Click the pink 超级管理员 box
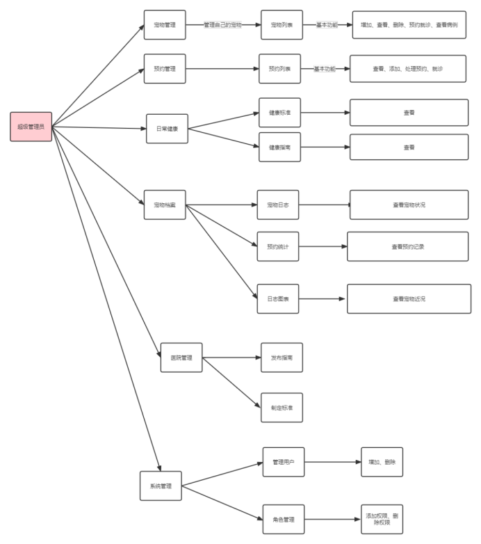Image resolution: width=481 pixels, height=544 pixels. coord(31,127)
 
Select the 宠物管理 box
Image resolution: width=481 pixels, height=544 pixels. coord(165,25)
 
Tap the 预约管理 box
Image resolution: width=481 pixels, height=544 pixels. coord(165,69)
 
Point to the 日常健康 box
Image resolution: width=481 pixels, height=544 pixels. coord(167,129)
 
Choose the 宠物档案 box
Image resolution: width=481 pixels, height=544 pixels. coord(165,205)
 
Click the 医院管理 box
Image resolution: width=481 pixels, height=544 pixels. coord(181,358)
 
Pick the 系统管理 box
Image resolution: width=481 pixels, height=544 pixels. coord(161,486)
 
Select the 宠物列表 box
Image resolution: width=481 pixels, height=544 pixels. coord(282,25)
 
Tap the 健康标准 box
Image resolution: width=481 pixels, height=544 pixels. coord(279,112)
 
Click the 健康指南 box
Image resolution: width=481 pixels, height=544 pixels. coord(279,147)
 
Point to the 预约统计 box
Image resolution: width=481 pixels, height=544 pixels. coord(277,246)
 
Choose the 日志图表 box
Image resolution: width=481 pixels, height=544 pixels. coord(277,298)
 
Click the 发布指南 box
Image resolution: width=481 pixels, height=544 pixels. coord(282,358)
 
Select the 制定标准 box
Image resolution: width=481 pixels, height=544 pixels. coord(282,408)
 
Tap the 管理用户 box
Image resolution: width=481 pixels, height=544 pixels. coord(284,462)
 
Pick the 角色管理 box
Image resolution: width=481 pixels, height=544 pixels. coord(284,520)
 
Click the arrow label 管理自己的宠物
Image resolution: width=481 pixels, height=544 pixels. coord(223,25)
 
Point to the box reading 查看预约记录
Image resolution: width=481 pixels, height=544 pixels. coord(408,246)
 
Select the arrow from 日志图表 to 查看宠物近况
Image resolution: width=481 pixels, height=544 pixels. coord(323,298)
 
